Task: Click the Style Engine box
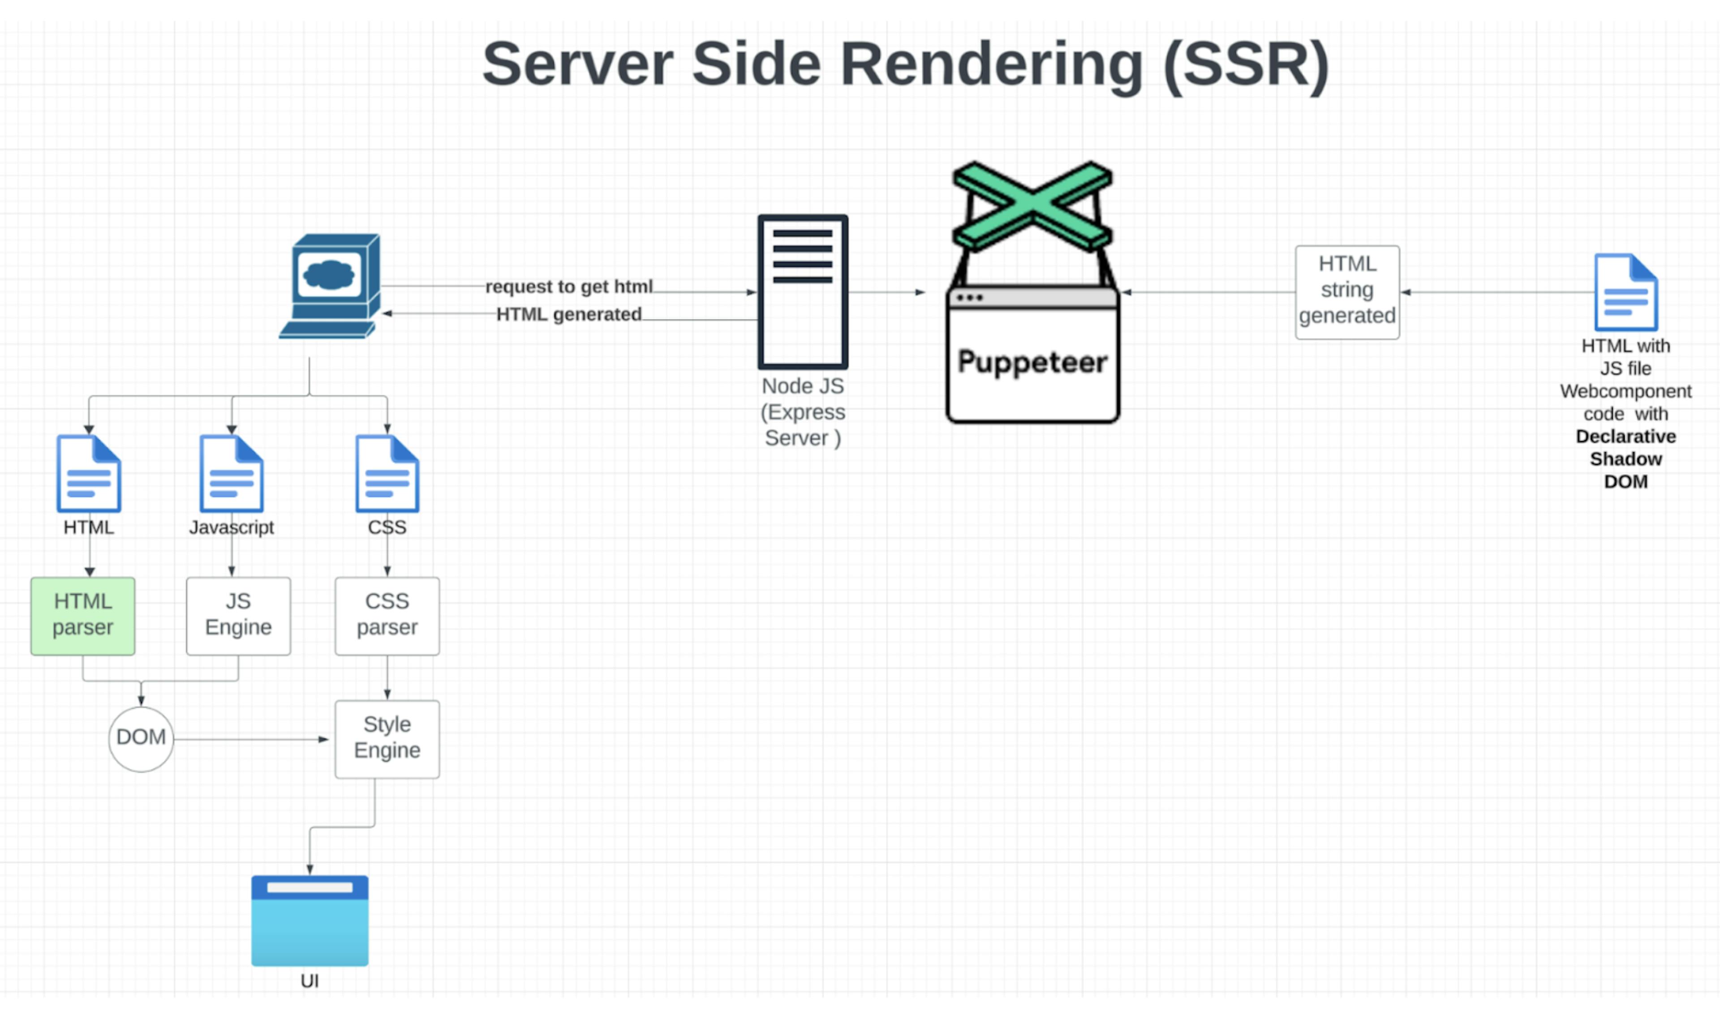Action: pyautogui.click(x=387, y=738)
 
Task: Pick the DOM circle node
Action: pyautogui.click(x=141, y=738)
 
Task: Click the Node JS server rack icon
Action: pyautogui.click(x=803, y=291)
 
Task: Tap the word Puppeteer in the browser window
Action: pyautogui.click(x=1032, y=362)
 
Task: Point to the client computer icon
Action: pyautogui.click(x=331, y=287)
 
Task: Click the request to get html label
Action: pyautogui.click(x=568, y=287)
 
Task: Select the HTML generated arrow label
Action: pyautogui.click(x=568, y=314)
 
